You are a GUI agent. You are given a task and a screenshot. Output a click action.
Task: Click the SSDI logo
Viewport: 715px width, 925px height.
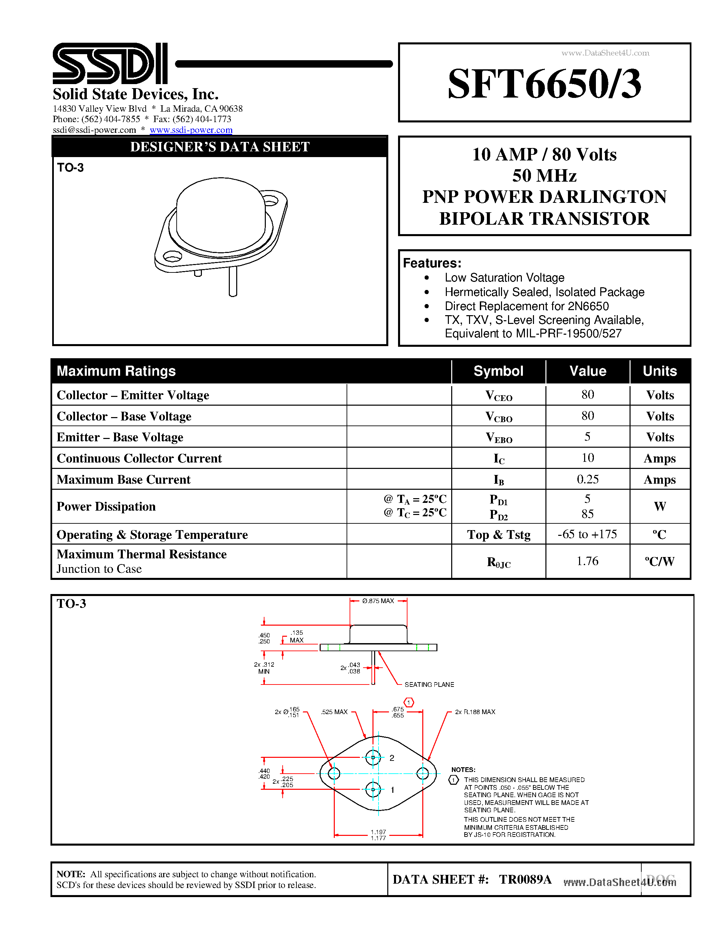point(110,64)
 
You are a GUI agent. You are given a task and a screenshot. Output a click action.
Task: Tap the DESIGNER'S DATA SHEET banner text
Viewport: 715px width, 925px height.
point(219,147)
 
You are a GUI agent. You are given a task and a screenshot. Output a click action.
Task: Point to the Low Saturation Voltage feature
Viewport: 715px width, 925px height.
point(504,278)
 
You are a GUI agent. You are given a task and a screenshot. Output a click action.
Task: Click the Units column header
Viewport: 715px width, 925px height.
point(659,371)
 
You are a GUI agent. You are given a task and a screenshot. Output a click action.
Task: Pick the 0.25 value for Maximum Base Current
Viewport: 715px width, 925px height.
point(587,479)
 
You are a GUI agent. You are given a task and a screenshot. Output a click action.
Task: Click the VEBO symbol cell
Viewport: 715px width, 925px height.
point(499,438)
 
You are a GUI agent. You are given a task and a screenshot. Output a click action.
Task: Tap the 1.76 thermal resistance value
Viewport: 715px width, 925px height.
point(587,561)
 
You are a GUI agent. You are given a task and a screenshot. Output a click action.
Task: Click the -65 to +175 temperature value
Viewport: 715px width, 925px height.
point(587,534)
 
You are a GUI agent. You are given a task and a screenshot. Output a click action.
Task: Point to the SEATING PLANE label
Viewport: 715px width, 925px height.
point(429,684)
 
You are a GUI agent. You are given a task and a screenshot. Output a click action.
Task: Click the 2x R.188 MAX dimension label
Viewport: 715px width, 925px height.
point(475,712)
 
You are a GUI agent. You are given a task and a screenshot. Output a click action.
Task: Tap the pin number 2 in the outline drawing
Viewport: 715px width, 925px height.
point(392,758)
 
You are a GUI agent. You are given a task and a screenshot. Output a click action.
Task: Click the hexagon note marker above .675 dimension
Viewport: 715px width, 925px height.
point(409,703)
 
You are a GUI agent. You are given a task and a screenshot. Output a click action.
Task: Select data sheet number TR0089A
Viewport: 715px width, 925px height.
point(525,880)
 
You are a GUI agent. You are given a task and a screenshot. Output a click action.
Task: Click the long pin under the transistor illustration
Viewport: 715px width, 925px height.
point(233,281)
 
